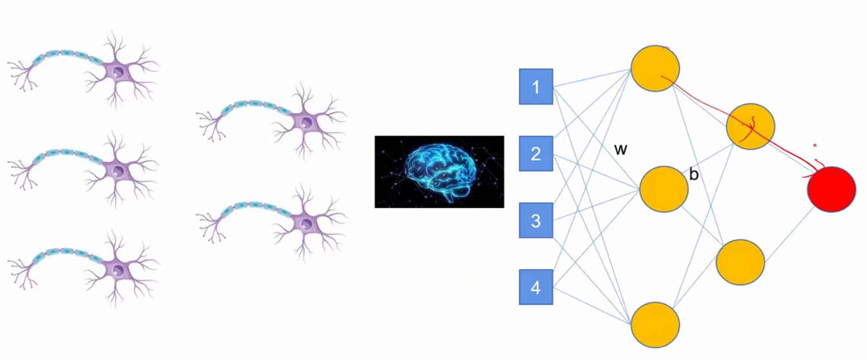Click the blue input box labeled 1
click(x=536, y=87)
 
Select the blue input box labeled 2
click(x=536, y=154)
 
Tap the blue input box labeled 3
click(x=536, y=220)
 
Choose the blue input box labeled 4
click(x=536, y=288)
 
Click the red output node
click(x=832, y=189)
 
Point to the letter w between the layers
click(x=620, y=150)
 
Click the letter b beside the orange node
click(x=695, y=175)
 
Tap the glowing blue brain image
click(x=439, y=171)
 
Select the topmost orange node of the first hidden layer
click(x=655, y=68)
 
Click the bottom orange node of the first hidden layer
click(x=655, y=324)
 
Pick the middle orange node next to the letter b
click(x=663, y=189)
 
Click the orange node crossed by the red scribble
click(x=751, y=125)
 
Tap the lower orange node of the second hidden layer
click(x=740, y=262)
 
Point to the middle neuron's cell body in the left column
click(x=117, y=169)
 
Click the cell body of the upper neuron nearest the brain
click(x=305, y=120)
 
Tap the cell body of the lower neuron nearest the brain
click(x=305, y=222)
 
